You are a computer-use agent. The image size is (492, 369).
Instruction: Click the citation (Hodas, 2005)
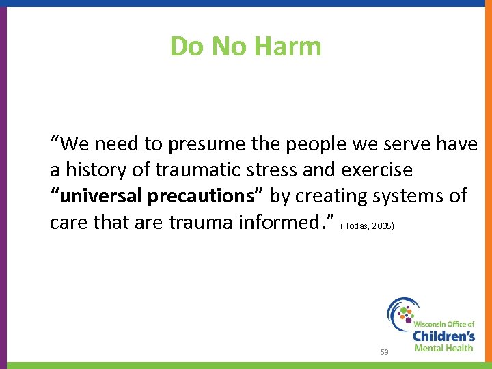click(x=367, y=225)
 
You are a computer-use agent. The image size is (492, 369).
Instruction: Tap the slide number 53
click(x=385, y=351)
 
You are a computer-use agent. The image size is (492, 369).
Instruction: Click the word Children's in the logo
click(x=443, y=336)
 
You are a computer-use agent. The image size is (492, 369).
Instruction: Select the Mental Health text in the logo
click(x=443, y=348)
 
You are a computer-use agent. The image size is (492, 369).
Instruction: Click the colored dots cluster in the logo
click(x=407, y=313)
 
